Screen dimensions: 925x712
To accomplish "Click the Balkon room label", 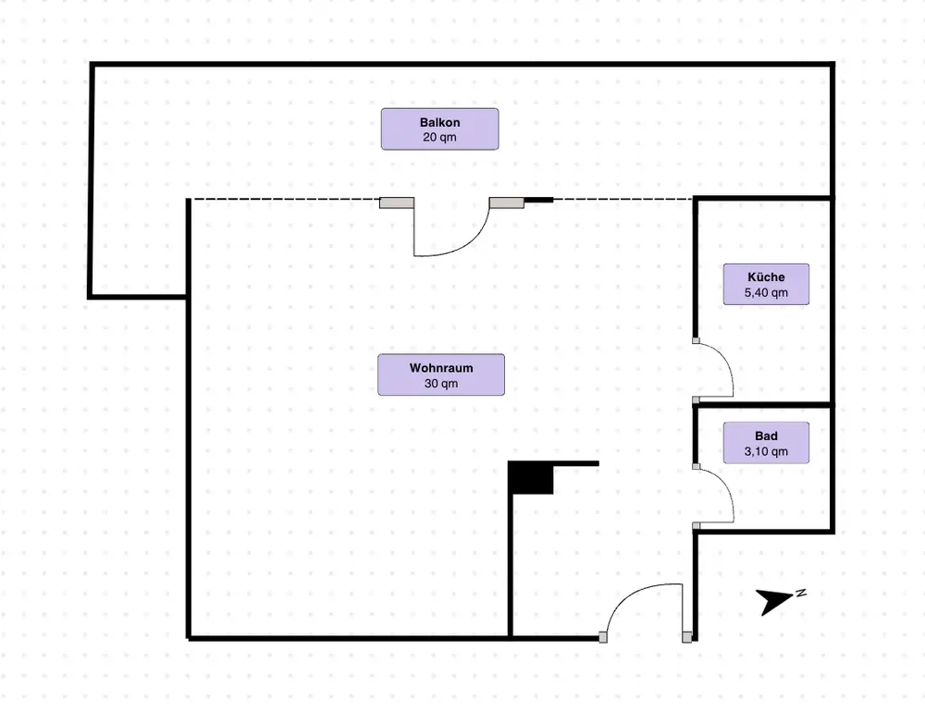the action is click(x=439, y=129).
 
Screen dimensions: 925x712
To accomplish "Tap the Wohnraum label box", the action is click(x=441, y=374).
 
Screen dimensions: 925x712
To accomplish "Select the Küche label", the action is click(x=766, y=284).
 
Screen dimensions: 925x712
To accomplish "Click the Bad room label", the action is click(x=766, y=442).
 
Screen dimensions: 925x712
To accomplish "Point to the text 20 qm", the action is click(x=439, y=138).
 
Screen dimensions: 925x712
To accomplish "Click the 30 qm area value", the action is click(x=441, y=384).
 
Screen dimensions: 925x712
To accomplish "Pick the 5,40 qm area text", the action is click(x=766, y=292).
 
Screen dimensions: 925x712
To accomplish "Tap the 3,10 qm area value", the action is click(x=766, y=452).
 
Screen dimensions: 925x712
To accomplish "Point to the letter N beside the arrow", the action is click(x=801, y=594).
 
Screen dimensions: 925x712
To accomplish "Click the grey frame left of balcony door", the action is click(x=397, y=203).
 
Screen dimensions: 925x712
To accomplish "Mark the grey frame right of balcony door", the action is click(x=507, y=203).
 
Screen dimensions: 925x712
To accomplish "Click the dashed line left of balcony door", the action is click(x=286, y=200).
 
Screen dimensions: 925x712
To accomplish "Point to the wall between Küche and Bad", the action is click(x=763, y=405).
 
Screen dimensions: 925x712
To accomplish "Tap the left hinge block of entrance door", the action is click(x=603, y=637).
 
